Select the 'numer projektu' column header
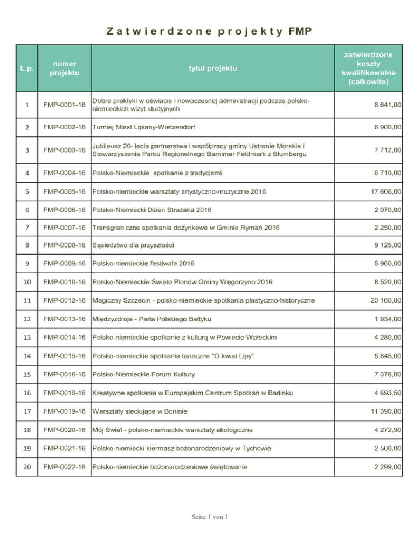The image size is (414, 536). tap(63, 68)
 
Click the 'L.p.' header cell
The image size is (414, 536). tap(25, 68)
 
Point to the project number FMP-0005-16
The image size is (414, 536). tap(64, 191)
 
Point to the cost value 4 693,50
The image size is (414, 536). tap(384, 393)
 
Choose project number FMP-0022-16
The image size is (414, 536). tap(64, 466)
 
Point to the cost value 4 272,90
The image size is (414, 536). tap(384, 430)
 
